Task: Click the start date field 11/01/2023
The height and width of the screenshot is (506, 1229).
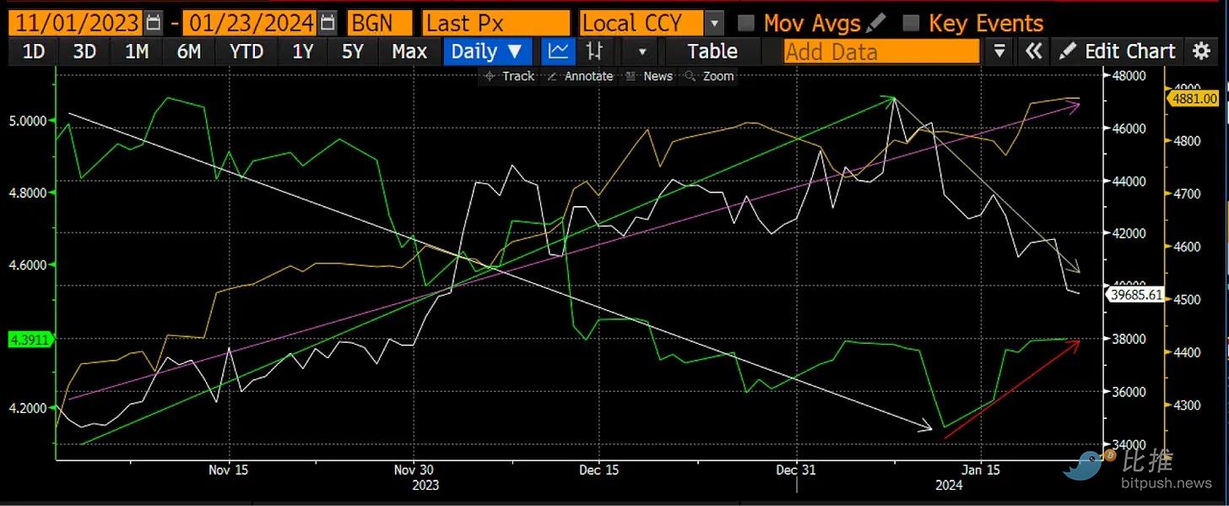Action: (74, 22)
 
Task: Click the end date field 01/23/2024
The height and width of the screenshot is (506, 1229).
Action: (250, 22)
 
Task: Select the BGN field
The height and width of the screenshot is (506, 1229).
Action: (379, 22)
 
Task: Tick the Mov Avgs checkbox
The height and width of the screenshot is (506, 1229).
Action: (745, 23)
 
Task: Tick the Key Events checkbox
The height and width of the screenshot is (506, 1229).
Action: (911, 23)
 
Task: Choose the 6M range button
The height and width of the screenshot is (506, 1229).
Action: (189, 52)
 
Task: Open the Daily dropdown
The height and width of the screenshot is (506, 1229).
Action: (487, 52)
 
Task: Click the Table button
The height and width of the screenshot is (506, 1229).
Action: (712, 52)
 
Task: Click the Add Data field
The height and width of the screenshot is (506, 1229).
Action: (880, 52)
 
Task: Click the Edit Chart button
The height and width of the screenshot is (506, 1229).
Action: (1118, 52)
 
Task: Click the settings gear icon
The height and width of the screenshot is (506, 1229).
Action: (1201, 52)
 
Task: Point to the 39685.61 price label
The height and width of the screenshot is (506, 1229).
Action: (1137, 295)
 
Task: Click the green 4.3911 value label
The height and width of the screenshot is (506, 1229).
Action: (29, 340)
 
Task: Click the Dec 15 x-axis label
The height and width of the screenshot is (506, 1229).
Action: (599, 470)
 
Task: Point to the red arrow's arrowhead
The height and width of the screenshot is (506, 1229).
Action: (1078, 342)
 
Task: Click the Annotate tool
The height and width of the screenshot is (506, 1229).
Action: (581, 76)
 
